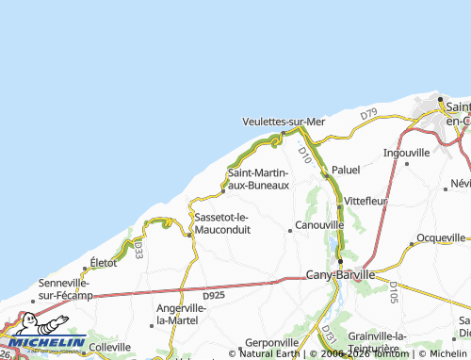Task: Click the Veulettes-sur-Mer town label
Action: pyautogui.click(x=283, y=122)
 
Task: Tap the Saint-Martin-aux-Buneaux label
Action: pyautogui.click(x=257, y=178)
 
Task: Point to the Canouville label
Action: pyautogui.click(x=319, y=226)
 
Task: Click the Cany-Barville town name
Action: pyautogui.click(x=340, y=275)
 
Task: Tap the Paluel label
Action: pyautogui.click(x=346, y=170)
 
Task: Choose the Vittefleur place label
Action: pyautogui.click(x=365, y=202)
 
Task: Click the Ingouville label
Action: pyautogui.click(x=406, y=152)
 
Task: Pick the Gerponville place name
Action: pyautogui.click(x=271, y=341)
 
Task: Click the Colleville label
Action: pyautogui.click(x=109, y=347)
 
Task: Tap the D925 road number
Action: pyautogui.click(x=214, y=295)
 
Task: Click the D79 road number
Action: pyautogui.click(x=368, y=115)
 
